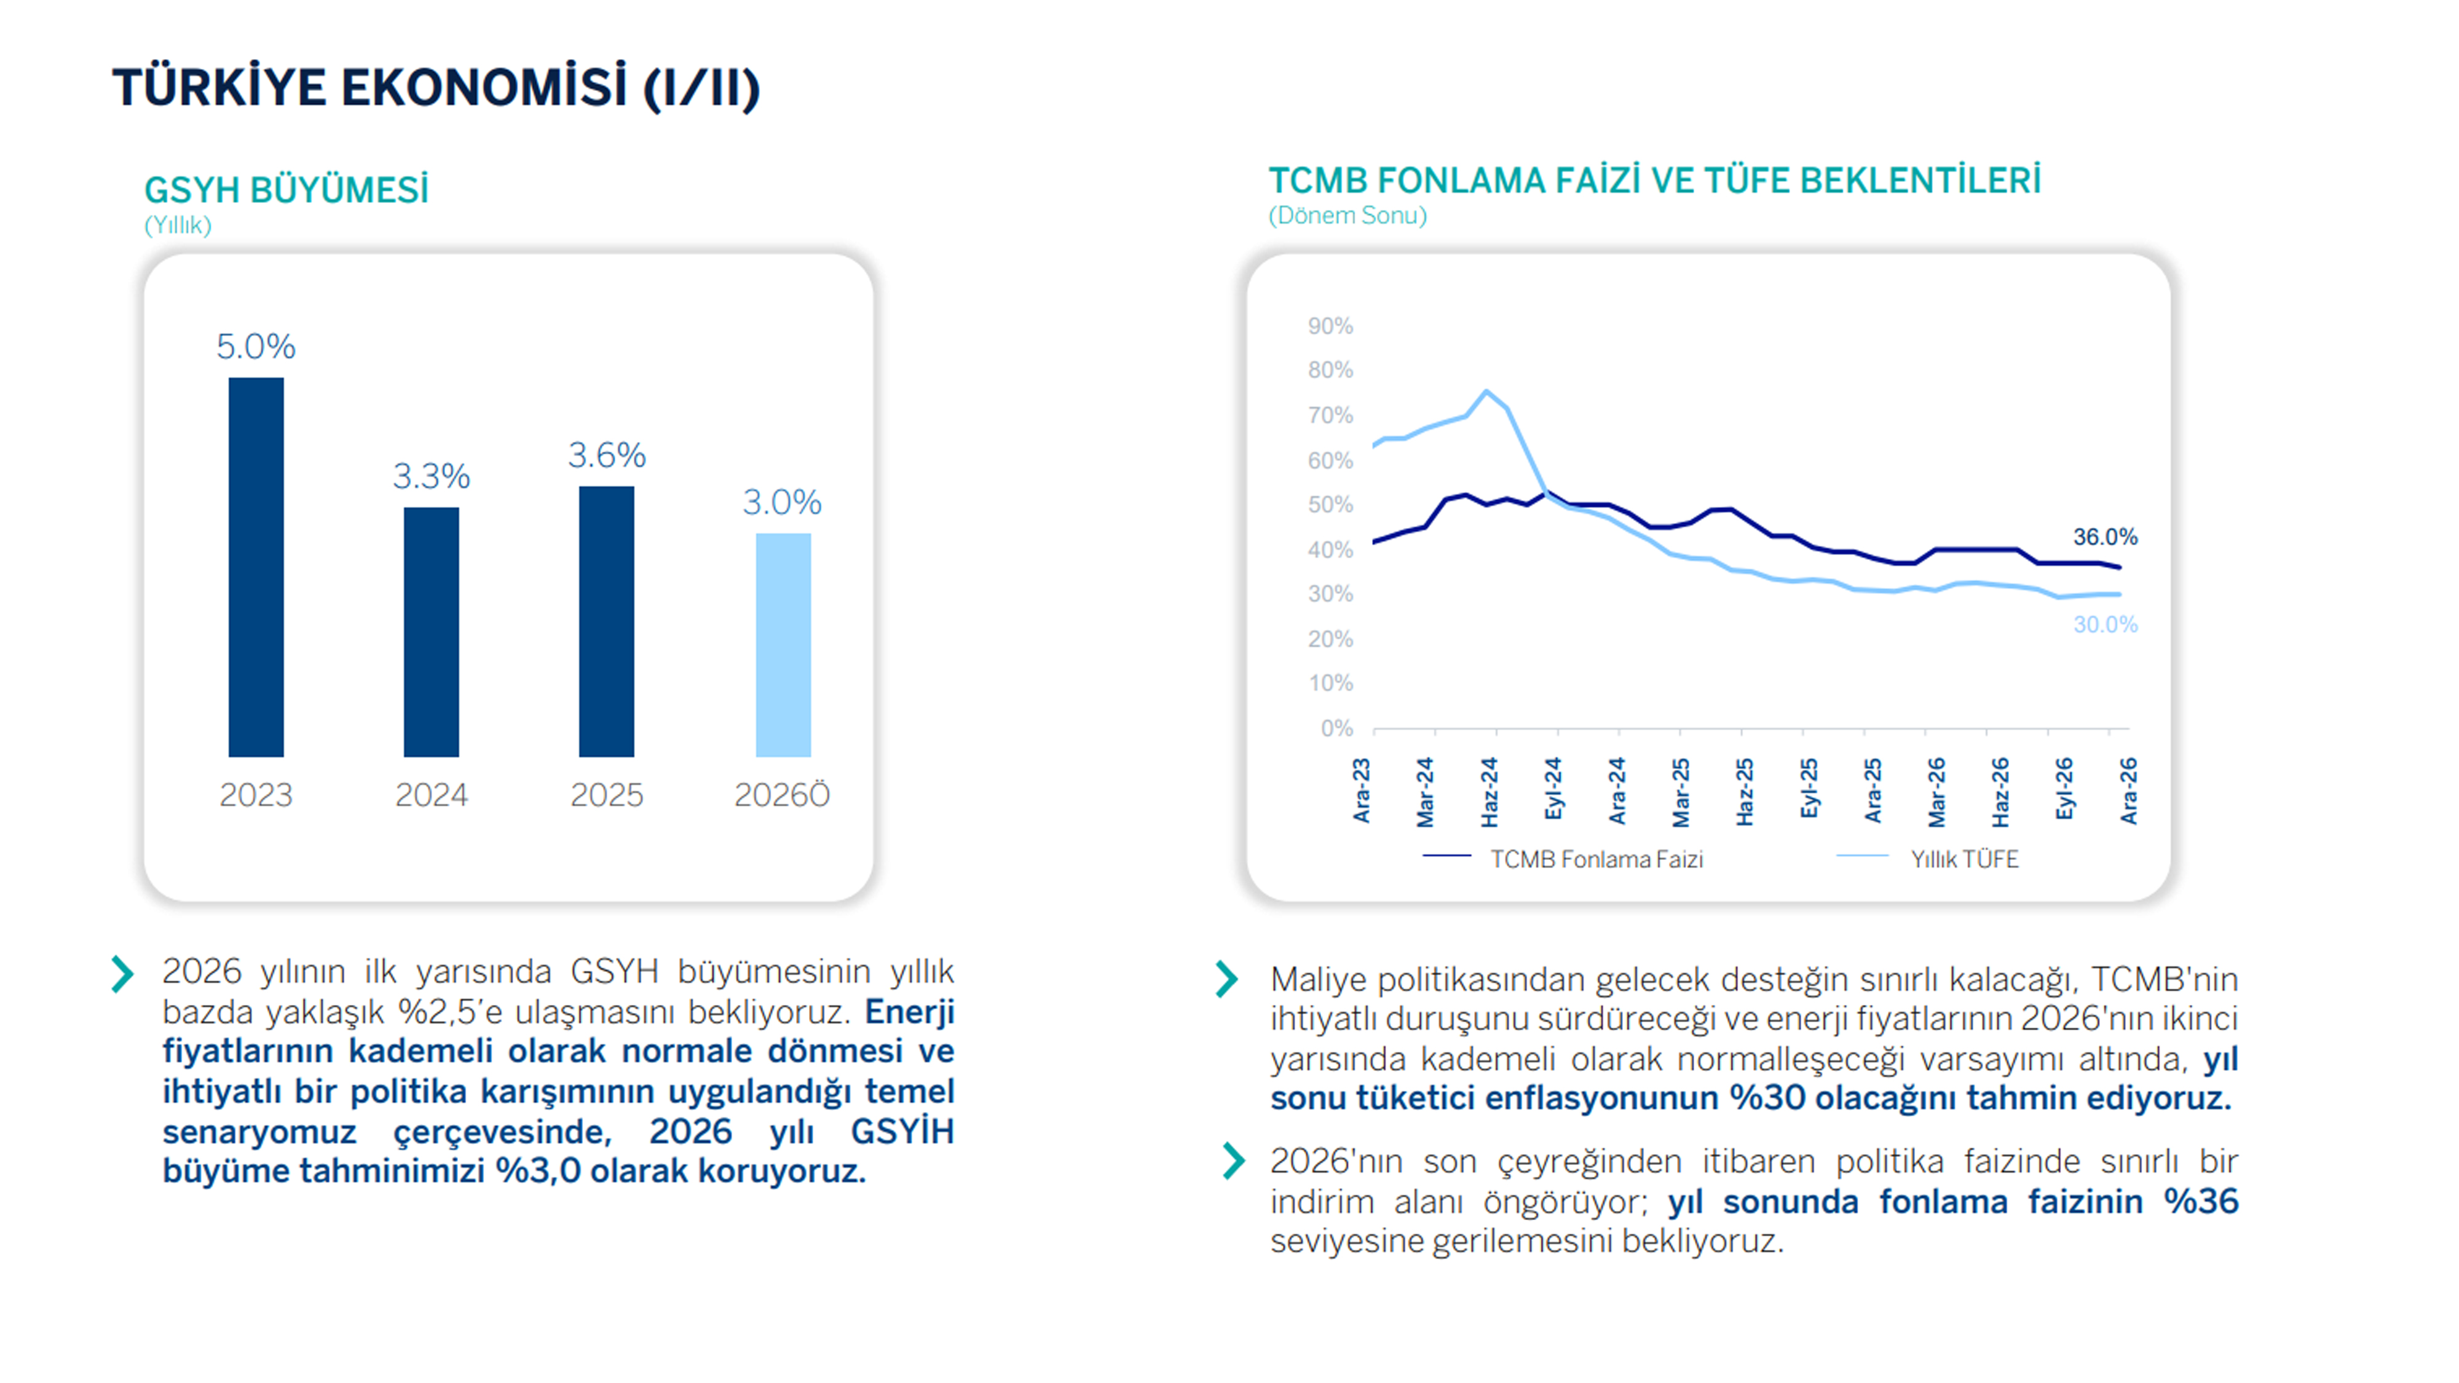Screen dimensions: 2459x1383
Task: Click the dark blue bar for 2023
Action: pyautogui.click(x=256, y=567)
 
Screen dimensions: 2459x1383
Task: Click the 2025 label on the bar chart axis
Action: pyautogui.click(x=607, y=795)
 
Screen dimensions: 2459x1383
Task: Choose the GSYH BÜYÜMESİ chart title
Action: pyautogui.click(x=286, y=190)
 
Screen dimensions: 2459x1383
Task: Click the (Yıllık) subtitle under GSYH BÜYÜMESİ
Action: pyautogui.click(x=178, y=225)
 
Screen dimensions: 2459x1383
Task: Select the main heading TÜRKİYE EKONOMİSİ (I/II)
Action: pyautogui.click(x=436, y=88)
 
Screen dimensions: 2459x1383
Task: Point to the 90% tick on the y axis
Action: pyautogui.click(x=1331, y=326)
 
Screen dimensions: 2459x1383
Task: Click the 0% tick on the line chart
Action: pyautogui.click(x=1336, y=728)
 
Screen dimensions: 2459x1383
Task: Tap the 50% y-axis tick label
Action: pyautogui.click(x=1331, y=505)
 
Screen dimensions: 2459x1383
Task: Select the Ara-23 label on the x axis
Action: pyautogui.click(x=1362, y=791)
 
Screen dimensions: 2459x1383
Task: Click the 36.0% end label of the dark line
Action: pyautogui.click(x=2105, y=537)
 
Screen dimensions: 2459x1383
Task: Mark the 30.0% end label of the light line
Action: pyautogui.click(x=2105, y=625)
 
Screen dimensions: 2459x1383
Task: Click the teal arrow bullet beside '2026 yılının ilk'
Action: pyautogui.click(x=122, y=974)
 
